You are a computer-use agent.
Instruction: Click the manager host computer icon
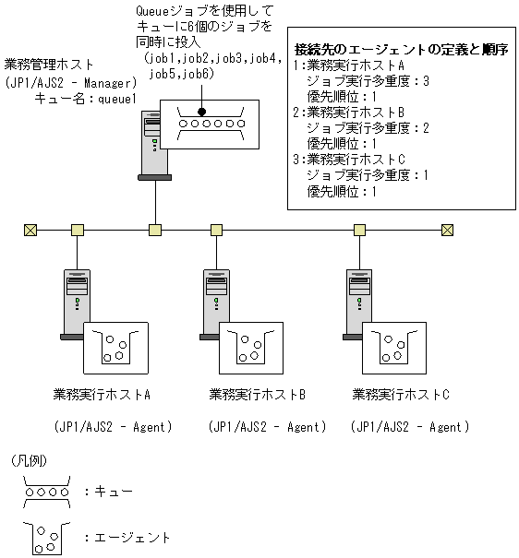(152, 143)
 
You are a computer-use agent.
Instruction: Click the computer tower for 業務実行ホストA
(77, 301)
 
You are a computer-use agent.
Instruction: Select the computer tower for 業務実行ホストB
(216, 301)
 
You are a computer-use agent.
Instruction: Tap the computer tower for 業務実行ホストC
(357, 301)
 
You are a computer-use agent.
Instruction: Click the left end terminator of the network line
(30, 230)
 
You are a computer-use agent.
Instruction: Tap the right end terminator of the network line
(448, 230)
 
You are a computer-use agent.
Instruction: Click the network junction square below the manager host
(155, 230)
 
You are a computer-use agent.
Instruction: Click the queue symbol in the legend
(45, 491)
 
